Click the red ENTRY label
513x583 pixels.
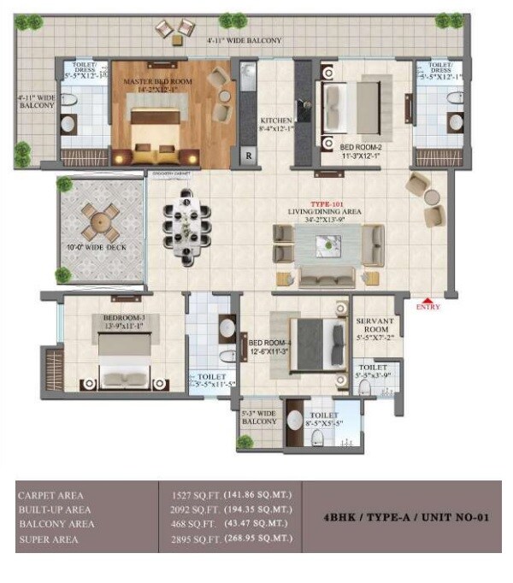point(427,306)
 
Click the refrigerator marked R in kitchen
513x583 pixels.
point(249,156)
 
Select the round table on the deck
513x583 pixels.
point(102,221)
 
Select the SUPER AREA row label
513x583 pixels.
point(48,539)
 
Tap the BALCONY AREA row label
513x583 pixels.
point(56,524)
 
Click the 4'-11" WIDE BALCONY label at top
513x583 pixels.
point(244,40)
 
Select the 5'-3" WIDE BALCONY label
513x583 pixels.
point(259,415)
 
